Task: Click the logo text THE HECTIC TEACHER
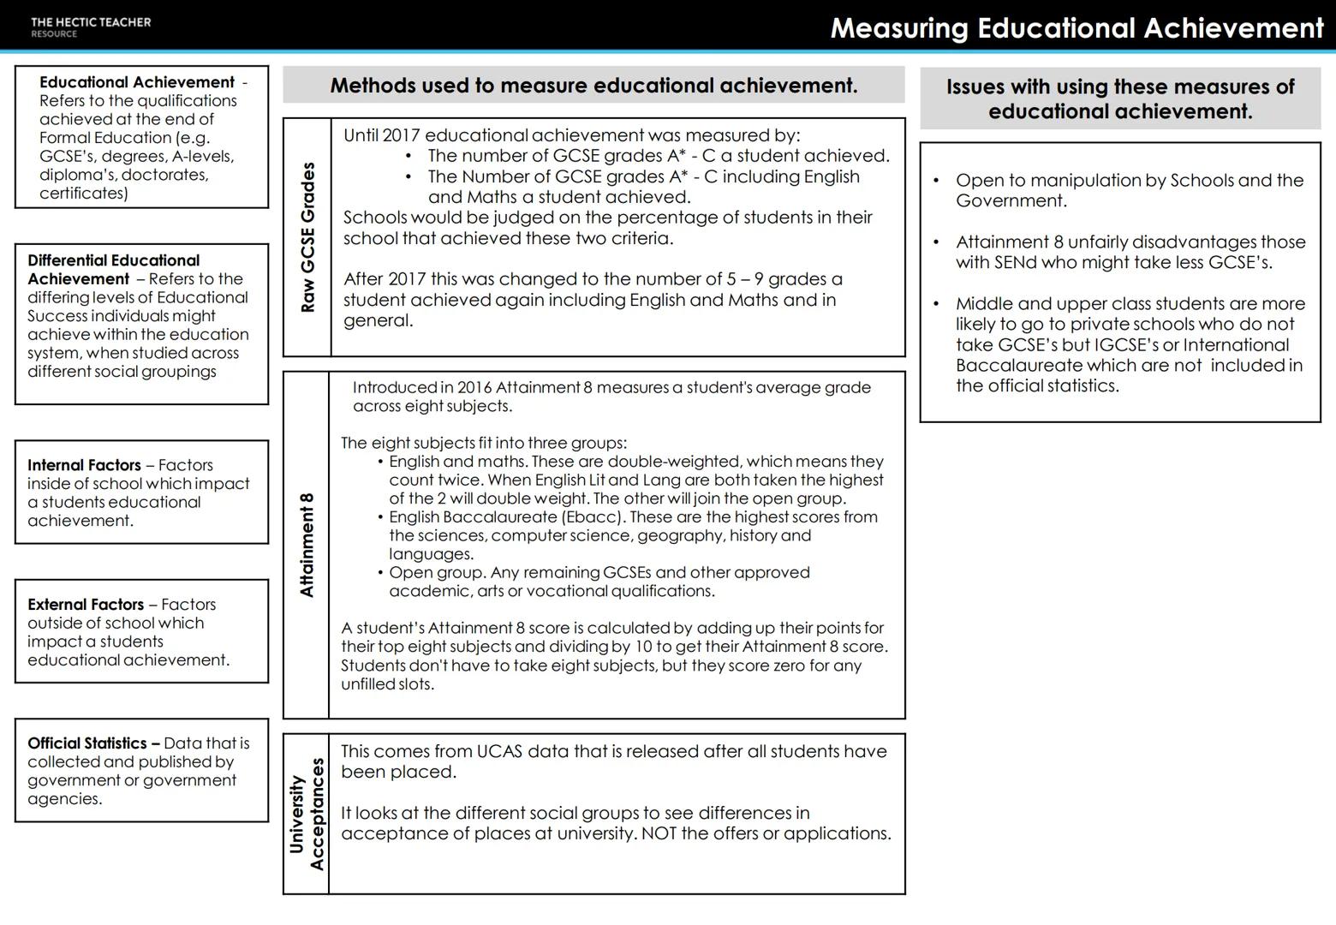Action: (x=90, y=22)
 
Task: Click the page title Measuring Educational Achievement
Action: (x=1077, y=27)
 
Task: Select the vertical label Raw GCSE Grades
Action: (x=307, y=237)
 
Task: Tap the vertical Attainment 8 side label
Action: (x=307, y=545)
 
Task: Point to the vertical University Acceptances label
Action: (x=307, y=814)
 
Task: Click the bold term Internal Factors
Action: (x=84, y=465)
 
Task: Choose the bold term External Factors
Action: (x=86, y=605)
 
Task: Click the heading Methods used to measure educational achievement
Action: (x=593, y=86)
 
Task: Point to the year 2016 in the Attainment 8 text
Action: (x=474, y=387)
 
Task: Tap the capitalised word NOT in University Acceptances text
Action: (x=659, y=833)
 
